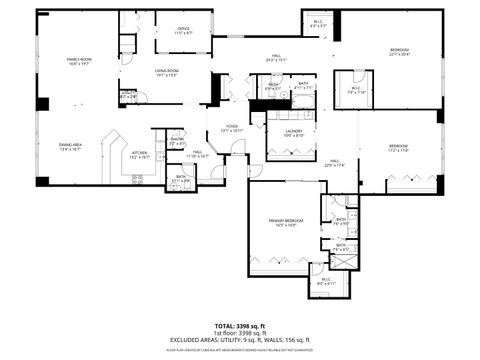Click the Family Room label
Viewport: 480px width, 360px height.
(x=78, y=62)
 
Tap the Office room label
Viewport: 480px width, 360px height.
(x=183, y=30)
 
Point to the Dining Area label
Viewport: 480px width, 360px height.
(x=69, y=147)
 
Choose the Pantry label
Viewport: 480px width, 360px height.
(x=176, y=141)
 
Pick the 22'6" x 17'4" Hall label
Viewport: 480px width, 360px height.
(x=335, y=162)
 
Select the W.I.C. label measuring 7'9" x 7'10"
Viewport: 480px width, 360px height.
(x=355, y=89)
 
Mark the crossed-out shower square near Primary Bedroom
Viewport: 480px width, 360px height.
(x=347, y=256)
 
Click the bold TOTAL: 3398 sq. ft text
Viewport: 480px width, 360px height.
(x=240, y=326)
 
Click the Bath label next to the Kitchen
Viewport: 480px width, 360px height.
(x=181, y=179)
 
